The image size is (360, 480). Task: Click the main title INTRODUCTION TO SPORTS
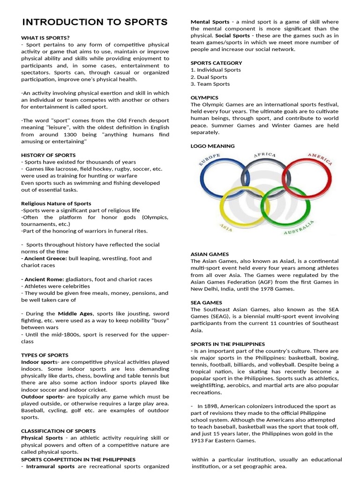pyautogui.click(x=95, y=22)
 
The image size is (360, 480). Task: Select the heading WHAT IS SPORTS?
pyautogui.click(x=45, y=37)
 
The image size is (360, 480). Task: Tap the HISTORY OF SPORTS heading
pyautogui.click(x=48, y=155)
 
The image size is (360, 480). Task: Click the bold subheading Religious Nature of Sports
pyautogui.click(x=56, y=203)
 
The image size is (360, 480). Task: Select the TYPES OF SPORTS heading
pyautogui.click(x=45, y=355)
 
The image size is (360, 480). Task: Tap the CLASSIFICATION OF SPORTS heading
pyautogui.click(x=58, y=431)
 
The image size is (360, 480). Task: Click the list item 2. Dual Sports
pyautogui.click(x=209, y=77)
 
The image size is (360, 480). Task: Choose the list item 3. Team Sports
pyautogui.click(x=210, y=84)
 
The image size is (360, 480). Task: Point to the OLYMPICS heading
pyautogui.click(x=204, y=97)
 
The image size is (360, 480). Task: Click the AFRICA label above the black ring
pyautogui.click(x=264, y=155)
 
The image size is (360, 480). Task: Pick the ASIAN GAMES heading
pyautogui.click(x=209, y=254)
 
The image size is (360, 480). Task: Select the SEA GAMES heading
pyautogui.click(x=206, y=303)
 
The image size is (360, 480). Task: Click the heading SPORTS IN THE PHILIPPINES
pyautogui.click(x=227, y=344)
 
